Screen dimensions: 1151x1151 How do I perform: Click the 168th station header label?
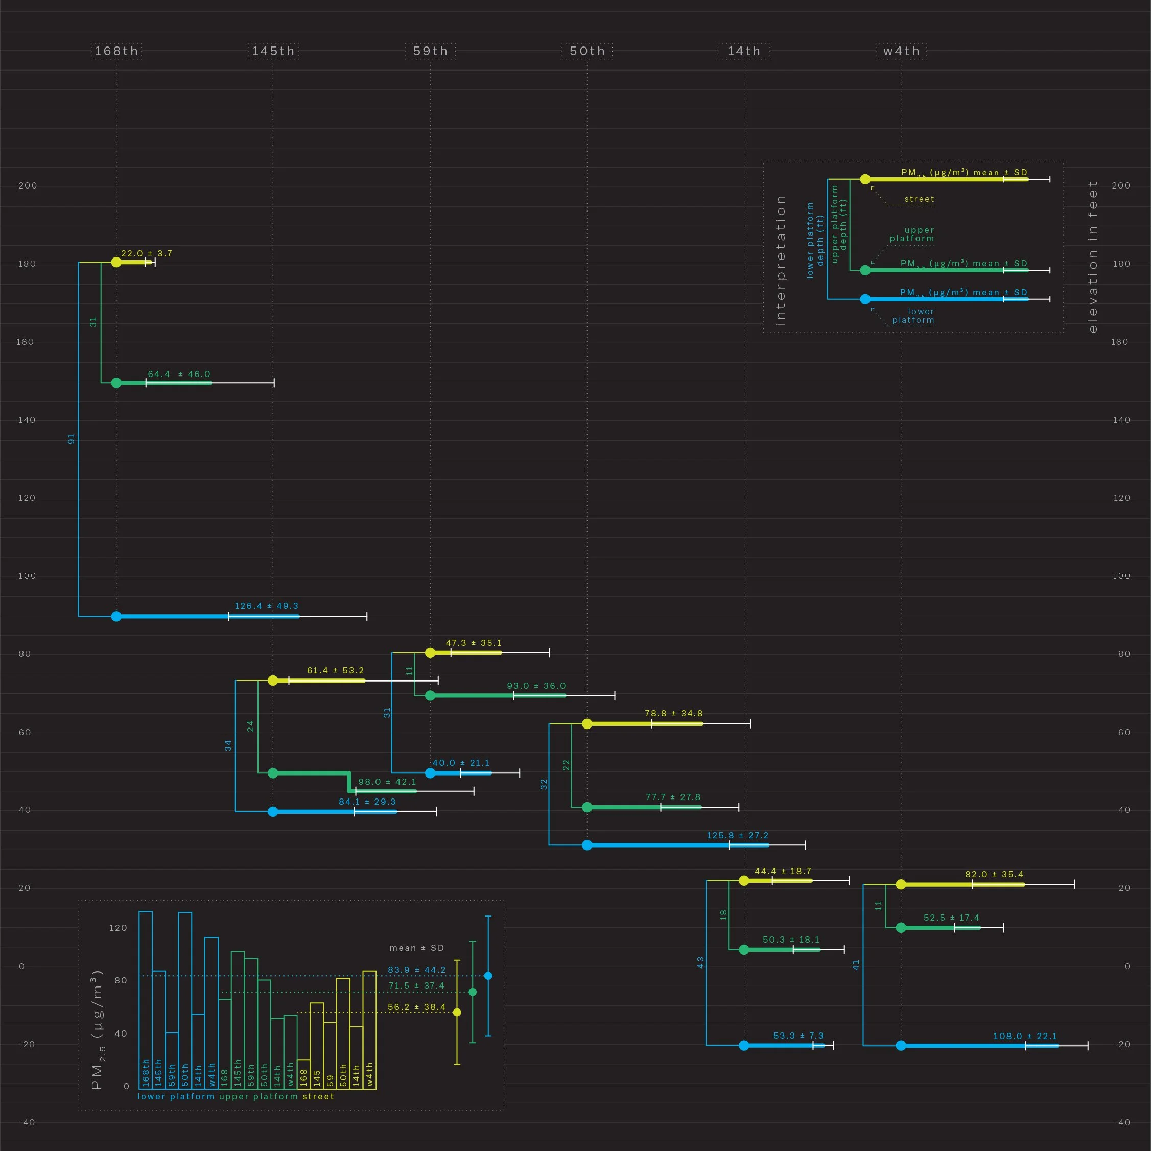tap(116, 51)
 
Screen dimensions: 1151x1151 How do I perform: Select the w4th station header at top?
tap(901, 51)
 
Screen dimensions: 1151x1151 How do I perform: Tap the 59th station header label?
tap(430, 51)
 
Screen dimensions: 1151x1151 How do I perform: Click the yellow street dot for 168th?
tap(116, 262)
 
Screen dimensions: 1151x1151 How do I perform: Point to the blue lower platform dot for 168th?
tap(116, 616)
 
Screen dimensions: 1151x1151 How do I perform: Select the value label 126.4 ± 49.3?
tap(266, 606)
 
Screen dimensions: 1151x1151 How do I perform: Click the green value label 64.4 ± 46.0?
tap(179, 374)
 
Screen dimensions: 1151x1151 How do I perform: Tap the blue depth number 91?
tap(72, 439)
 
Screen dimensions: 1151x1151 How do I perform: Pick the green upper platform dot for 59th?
tap(430, 695)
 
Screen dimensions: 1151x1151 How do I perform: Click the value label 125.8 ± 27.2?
tap(738, 835)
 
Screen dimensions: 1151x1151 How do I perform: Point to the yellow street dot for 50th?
tap(587, 723)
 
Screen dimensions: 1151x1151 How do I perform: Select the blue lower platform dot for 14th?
tap(744, 1046)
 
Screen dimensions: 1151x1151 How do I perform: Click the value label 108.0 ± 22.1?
tap(1025, 1036)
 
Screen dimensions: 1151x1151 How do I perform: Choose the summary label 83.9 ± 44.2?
tap(416, 970)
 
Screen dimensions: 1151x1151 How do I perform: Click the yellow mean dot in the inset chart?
tap(457, 1012)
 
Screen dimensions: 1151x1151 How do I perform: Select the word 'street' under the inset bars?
tap(318, 1096)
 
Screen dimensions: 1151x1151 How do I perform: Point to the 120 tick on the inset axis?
tap(118, 928)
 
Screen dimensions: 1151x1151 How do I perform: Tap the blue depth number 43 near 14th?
tap(700, 962)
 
